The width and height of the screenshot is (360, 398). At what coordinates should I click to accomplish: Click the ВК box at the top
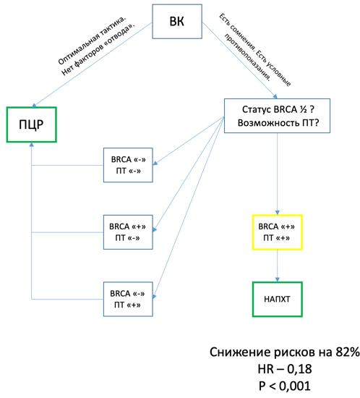tap(176, 21)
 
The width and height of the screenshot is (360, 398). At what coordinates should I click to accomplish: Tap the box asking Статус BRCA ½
tap(277, 116)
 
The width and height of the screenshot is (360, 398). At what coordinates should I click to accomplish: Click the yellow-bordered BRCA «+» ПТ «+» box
tap(277, 232)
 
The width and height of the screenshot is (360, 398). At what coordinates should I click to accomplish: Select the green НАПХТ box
tap(277, 297)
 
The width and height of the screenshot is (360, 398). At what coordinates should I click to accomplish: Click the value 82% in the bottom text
tap(343, 352)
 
